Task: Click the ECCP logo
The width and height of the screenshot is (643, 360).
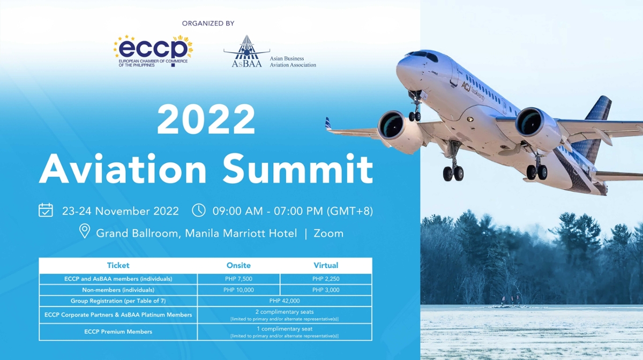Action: point(153,51)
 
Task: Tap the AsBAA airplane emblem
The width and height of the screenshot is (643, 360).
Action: point(246,51)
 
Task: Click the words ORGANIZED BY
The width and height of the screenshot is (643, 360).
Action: point(208,23)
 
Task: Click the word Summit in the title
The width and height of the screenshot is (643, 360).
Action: point(298,169)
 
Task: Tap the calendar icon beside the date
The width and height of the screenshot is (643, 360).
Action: point(46,210)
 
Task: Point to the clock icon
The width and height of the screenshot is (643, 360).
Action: point(199,210)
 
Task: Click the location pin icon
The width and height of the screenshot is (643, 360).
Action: point(85,231)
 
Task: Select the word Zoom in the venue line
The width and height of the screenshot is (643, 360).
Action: point(328,234)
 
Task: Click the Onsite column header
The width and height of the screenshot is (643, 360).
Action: point(238,265)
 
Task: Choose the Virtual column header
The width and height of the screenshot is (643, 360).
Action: point(326,265)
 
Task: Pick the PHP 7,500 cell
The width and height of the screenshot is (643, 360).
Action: point(238,279)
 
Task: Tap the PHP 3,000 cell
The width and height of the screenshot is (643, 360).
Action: point(326,290)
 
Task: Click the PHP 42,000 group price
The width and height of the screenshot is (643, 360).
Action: point(285,301)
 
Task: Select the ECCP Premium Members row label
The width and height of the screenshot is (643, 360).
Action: point(118,332)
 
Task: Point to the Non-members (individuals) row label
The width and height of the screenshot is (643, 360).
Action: point(118,290)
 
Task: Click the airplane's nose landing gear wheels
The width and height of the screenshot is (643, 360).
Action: point(415,116)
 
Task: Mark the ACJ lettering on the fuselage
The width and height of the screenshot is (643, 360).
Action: point(466,86)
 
